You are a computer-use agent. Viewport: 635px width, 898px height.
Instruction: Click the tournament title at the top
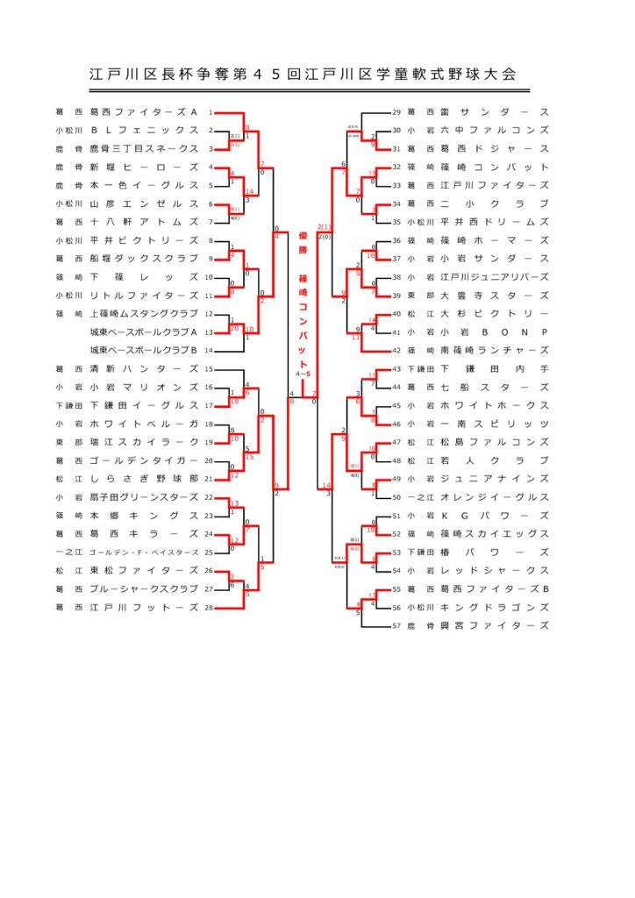point(303,75)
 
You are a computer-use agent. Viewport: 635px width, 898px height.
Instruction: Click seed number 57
point(396,625)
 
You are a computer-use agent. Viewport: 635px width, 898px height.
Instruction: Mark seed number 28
point(209,607)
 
